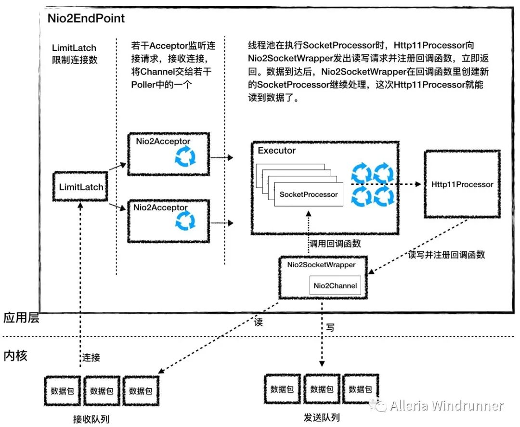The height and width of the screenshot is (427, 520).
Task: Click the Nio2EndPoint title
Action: (x=86, y=19)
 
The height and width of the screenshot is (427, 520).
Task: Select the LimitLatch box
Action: (x=81, y=186)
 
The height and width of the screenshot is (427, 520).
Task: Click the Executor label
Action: (x=277, y=151)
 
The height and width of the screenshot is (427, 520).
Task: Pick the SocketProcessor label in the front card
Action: (x=309, y=194)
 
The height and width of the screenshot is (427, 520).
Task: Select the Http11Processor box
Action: (x=462, y=184)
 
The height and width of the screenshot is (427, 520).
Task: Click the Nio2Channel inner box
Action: (x=336, y=286)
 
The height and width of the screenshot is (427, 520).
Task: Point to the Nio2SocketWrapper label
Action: (x=321, y=265)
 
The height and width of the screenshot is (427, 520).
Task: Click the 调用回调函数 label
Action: (x=336, y=244)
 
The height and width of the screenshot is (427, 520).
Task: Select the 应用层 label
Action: (x=21, y=318)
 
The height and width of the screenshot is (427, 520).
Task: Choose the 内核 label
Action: (x=15, y=356)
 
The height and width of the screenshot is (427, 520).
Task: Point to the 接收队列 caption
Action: (x=91, y=419)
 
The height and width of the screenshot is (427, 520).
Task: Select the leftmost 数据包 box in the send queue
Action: (x=282, y=389)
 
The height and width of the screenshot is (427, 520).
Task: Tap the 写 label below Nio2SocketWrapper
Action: (x=330, y=327)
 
